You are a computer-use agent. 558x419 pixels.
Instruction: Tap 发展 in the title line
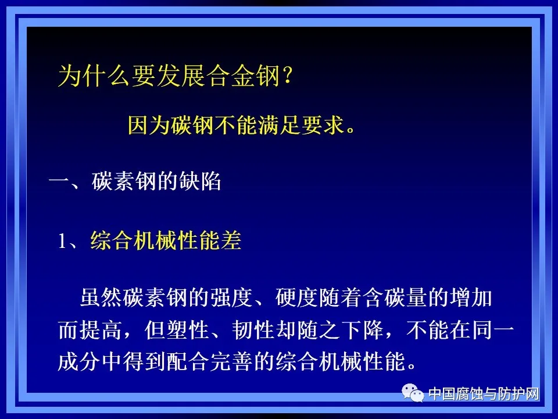(178, 77)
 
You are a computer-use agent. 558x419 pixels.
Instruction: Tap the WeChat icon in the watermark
(416, 394)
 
